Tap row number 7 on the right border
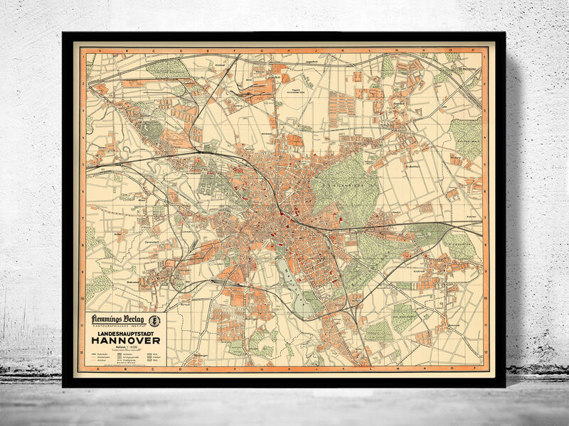[485, 220]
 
